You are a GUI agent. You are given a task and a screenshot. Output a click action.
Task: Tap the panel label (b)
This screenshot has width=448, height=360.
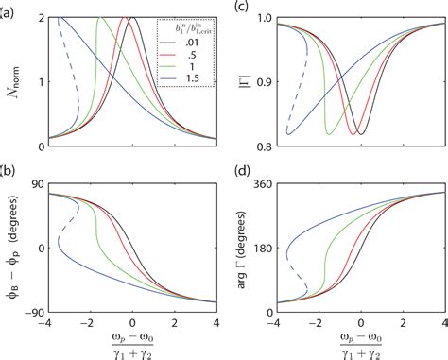click(9, 178)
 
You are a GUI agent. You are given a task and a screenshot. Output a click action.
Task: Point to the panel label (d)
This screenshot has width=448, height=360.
click(240, 178)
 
